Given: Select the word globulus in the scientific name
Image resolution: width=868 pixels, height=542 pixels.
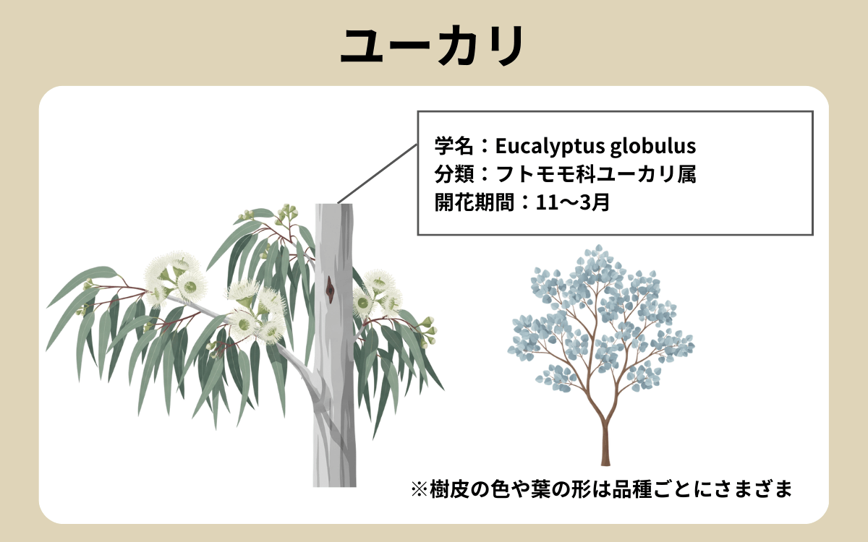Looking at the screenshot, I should coord(652,147).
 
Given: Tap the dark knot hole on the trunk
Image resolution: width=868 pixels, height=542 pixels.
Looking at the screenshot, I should coord(330,290).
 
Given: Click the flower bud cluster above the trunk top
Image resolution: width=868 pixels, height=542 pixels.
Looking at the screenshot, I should coord(288,212).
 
